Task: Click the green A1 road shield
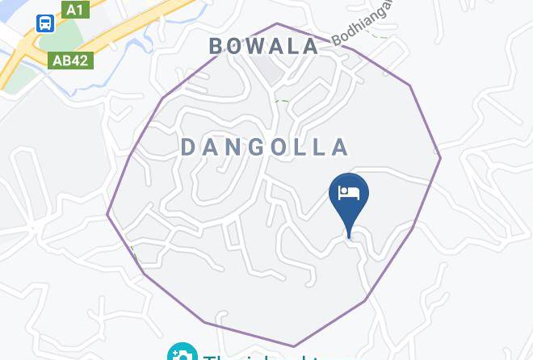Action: tap(73, 10)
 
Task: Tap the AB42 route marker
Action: tap(70, 61)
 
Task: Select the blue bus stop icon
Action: tap(45, 24)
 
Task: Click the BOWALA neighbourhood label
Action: tap(265, 46)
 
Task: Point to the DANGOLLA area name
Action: tap(265, 147)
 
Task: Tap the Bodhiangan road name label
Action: tap(363, 22)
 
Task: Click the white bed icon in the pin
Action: tap(349, 194)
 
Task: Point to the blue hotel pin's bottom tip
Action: tap(349, 237)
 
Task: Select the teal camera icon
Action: tap(182, 354)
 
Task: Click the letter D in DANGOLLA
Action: tap(188, 147)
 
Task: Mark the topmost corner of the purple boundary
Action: tap(277, 23)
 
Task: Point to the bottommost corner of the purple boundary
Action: tap(293, 346)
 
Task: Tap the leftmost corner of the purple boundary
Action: tap(107, 215)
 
